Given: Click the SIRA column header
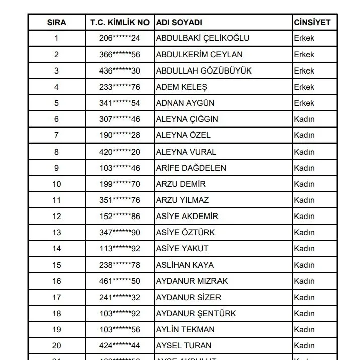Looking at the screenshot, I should (57, 22).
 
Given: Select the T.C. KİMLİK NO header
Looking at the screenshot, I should (120, 22).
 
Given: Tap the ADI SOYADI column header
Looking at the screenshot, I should (179, 22).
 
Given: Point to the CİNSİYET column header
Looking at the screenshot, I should (312, 22).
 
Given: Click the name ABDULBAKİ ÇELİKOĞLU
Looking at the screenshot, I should (202, 38).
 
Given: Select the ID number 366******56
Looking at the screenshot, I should (120, 54).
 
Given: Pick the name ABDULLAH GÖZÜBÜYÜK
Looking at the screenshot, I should (203, 70).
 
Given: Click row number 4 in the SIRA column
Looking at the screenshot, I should (57, 87).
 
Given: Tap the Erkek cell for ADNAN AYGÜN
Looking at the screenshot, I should (304, 103).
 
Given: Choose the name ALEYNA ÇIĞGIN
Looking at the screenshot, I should (187, 119).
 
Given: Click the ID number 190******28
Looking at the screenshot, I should (120, 135).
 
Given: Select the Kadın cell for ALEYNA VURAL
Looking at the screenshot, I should (304, 152).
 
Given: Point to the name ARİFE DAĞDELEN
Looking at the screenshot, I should (191, 168).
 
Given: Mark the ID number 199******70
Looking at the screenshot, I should (120, 184).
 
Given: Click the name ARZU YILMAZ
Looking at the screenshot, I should (182, 200).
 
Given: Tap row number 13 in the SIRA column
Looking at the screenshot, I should (57, 232).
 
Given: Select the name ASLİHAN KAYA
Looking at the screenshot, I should (185, 265).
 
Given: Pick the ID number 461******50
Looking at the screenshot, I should (120, 281).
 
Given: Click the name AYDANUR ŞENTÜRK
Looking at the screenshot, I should (196, 313).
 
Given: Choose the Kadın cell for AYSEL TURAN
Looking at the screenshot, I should (304, 345).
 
